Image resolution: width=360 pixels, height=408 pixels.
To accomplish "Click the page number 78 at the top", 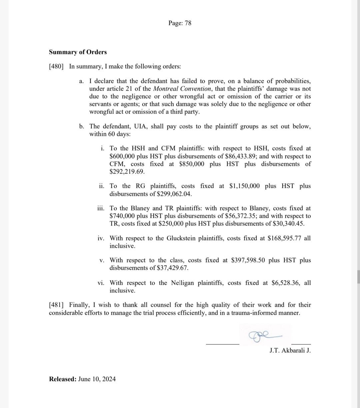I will (188, 23).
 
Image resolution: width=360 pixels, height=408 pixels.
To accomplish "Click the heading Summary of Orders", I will (78, 52).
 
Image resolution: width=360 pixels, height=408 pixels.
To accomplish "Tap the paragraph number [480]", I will (56, 66).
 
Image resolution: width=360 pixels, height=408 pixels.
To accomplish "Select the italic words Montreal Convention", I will (182, 89).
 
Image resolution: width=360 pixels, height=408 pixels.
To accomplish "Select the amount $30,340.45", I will (288, 223).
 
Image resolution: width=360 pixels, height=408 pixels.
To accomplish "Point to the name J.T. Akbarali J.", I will (290, 350).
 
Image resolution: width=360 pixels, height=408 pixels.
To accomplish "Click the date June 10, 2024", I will (97, 379).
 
